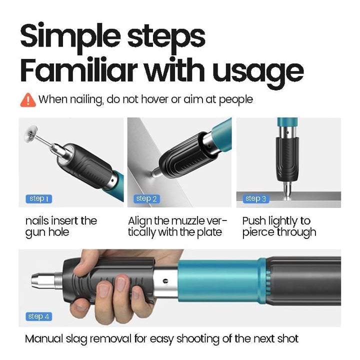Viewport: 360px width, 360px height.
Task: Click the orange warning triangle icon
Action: (27, 99)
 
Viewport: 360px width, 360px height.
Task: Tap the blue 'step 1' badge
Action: (37, 199)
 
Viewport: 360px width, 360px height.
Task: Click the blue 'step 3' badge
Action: (256, 199)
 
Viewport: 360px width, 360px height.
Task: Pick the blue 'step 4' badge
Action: (38, 316)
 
